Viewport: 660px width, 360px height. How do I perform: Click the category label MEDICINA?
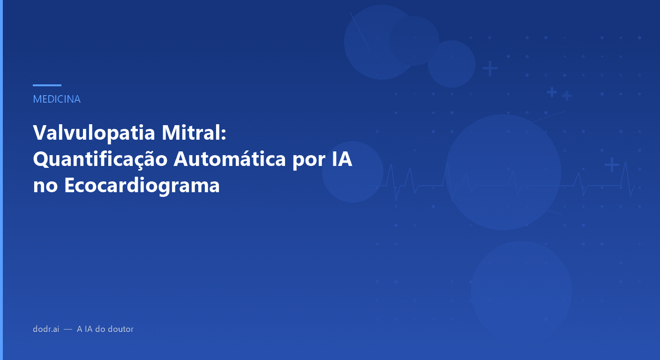(x=57, y=99)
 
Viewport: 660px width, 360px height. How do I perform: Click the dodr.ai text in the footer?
(x=46, y=329)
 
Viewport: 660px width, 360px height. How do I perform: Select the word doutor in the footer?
(x=120, y=329)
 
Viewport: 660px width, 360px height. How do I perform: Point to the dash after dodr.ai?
(x=68, y=330)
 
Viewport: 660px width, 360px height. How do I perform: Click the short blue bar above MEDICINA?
(x=47, y=85)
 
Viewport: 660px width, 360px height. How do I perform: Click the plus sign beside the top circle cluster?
(x=490, y=69)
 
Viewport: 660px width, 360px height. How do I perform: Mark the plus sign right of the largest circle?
(x=611, y=165)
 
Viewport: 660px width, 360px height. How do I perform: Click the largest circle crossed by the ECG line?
(x=503, y=172)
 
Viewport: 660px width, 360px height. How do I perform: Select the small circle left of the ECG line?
(x=352, y=172)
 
